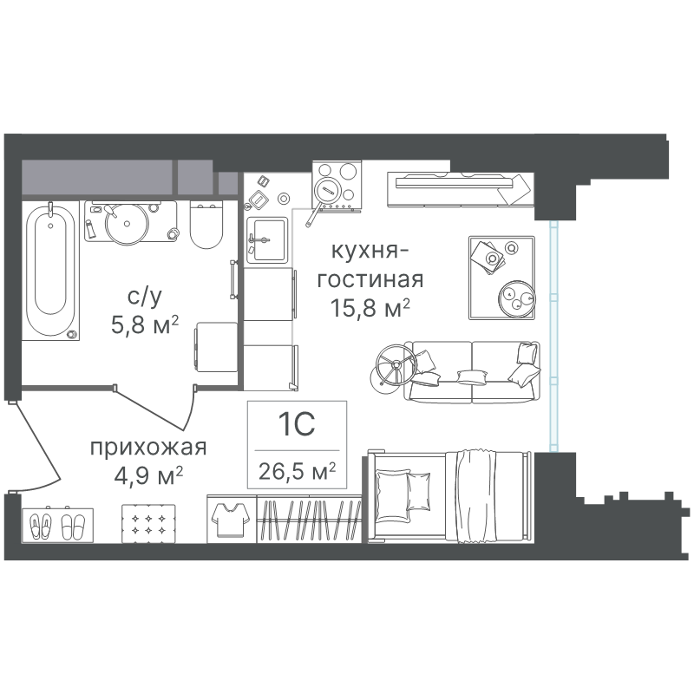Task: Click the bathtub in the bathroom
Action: point(50,271)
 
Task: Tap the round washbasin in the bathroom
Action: point(126,224)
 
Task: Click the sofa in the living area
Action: point(472,372)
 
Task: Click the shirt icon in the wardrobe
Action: point(231,519)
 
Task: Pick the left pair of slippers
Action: point(41,527)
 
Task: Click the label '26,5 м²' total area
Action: point(297,471)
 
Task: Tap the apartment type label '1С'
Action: point(297,424)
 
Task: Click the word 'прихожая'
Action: point(148,448)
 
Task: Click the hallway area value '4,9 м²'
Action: point(148,476)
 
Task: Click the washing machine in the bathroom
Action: point(215,347)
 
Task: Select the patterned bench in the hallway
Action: point(148,523)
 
